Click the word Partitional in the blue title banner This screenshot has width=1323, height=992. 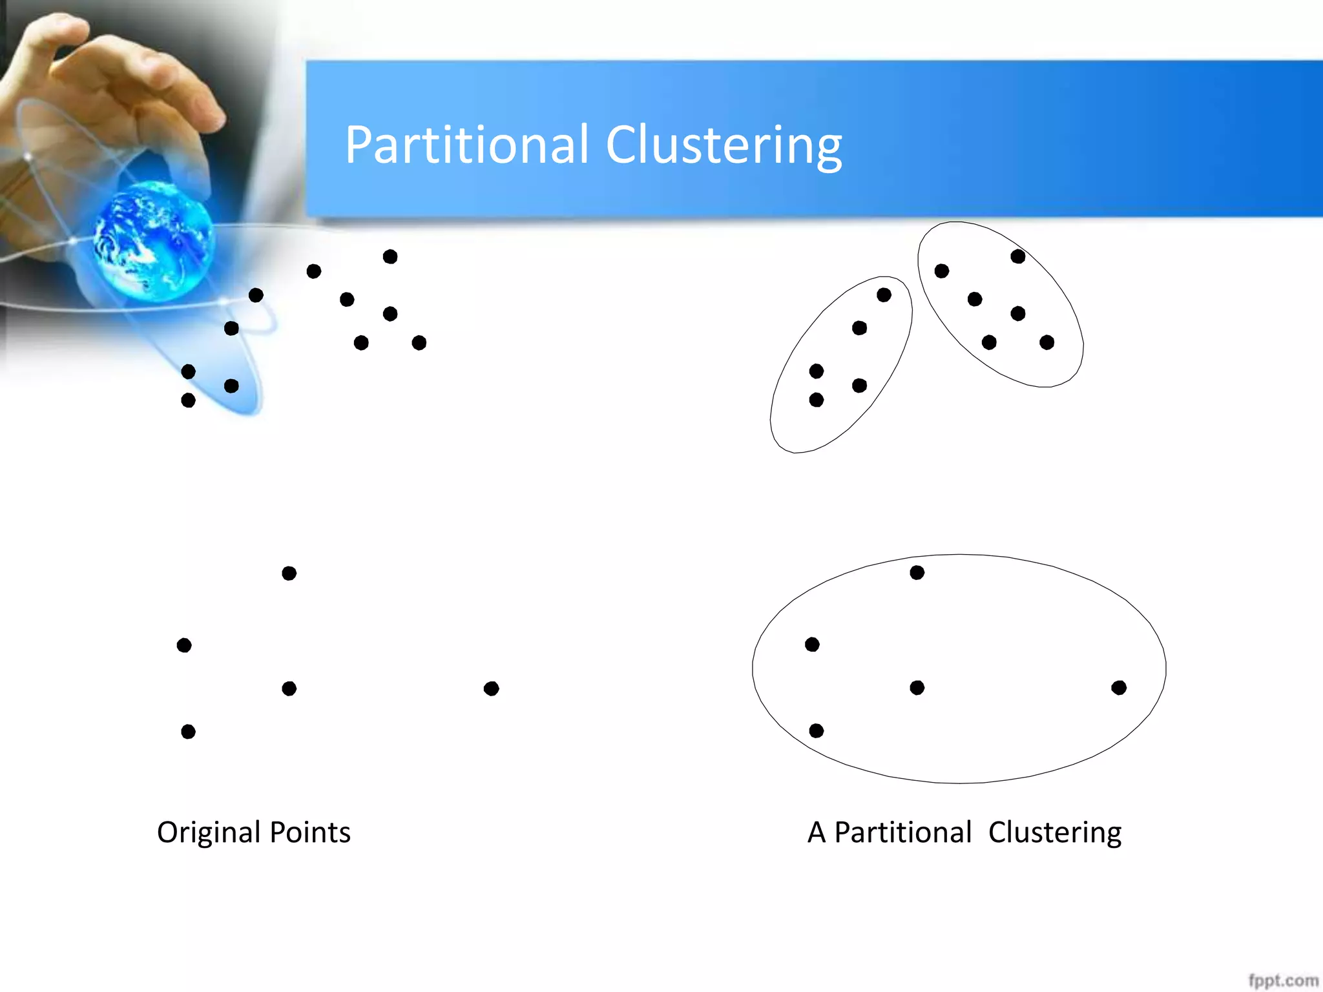click(466, 145)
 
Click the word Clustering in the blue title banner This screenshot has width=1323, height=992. click(724, 146)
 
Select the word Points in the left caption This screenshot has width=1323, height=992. click(310, 832)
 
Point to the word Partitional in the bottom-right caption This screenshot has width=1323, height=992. click(902, 832)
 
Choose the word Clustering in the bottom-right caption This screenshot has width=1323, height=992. click(1054, 832)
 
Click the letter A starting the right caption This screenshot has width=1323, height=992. click(817, 832)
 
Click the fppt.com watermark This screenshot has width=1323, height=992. click(1283, 980)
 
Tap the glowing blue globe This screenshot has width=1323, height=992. click(154, 240)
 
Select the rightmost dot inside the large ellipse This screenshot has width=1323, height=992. click(1119, 688)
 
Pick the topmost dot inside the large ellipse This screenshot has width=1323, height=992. click(917, 572)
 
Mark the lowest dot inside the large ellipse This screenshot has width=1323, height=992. click(817, 730)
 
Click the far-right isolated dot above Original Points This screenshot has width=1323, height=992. click(491, 688)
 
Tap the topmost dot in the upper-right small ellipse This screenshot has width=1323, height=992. click(1018, 256)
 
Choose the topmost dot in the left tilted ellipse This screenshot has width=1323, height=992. click(884, 295)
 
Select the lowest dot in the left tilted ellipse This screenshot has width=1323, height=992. click(817, 400)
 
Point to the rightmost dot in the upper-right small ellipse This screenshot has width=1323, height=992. click(1047, 342)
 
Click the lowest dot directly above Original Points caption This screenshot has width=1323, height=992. click(188, 731)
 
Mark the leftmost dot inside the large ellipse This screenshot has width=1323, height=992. click(812, 645)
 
